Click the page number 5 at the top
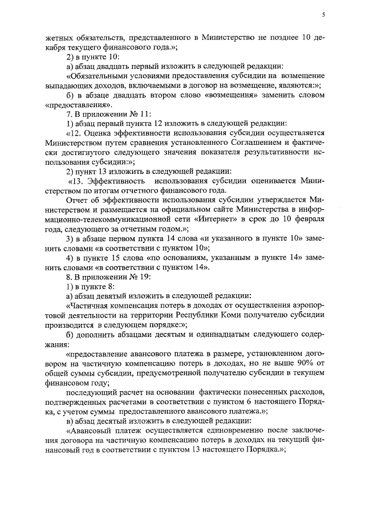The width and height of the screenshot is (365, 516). click(323, 14)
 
